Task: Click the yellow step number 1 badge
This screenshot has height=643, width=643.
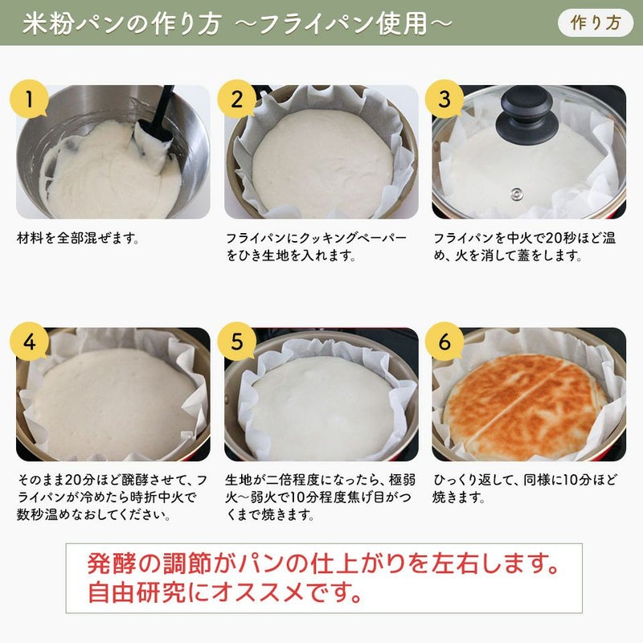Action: pyautogui.click(x=29, y=99)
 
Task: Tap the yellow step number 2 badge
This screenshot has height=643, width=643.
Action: pyautogui.click(x=237, y=99)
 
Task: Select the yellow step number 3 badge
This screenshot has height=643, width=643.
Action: pyautogui.click(x=444, y=99)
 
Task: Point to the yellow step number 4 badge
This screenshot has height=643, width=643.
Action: pyautogui.click(x=29, y=342)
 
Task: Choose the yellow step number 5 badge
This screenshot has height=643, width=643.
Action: pyautogui.click(x=237, y=342)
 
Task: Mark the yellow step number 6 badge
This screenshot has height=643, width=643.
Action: pyautogui.click(x=444, y=342)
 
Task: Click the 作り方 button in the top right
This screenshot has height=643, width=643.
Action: pyautogui.click(x=596, y=23)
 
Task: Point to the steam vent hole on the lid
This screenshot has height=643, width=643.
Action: pyautogui.click(x=516, y=193)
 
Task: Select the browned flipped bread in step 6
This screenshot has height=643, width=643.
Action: pyautogui.click(x=524, y=407)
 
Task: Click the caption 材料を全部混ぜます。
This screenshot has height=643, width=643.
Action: pyautogui.click(x=78, y=238)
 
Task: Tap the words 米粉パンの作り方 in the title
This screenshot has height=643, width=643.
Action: pyautogui.click(x=122, y=23)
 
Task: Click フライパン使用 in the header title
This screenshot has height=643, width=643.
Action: pyautogui.click(x=344, y=23)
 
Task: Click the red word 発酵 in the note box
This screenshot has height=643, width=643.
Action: pyautogui.click(x=112, y=564)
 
